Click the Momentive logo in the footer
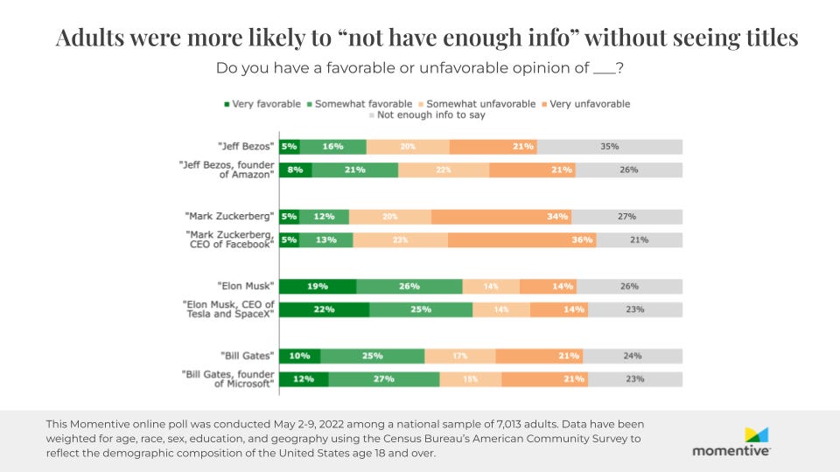click(x=731, y=441)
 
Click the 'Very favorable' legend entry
click(x=262, y=104)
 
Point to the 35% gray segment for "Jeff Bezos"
click(x=610, y=147)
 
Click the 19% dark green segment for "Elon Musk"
click(x=318, y=286)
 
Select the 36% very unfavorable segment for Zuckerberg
click(x=522, y=239)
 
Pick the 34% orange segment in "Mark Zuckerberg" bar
click(x=501, y=216)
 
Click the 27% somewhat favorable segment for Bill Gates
click(x=384, y=378)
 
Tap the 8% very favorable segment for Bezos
click(x=296, y=170)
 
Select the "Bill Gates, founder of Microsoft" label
click(x=228, y=378)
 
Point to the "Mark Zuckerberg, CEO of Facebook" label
click(x=230, y=239)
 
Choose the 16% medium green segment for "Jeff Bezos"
click(x=332, y=147)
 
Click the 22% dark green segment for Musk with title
click(x=325, y=309)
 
